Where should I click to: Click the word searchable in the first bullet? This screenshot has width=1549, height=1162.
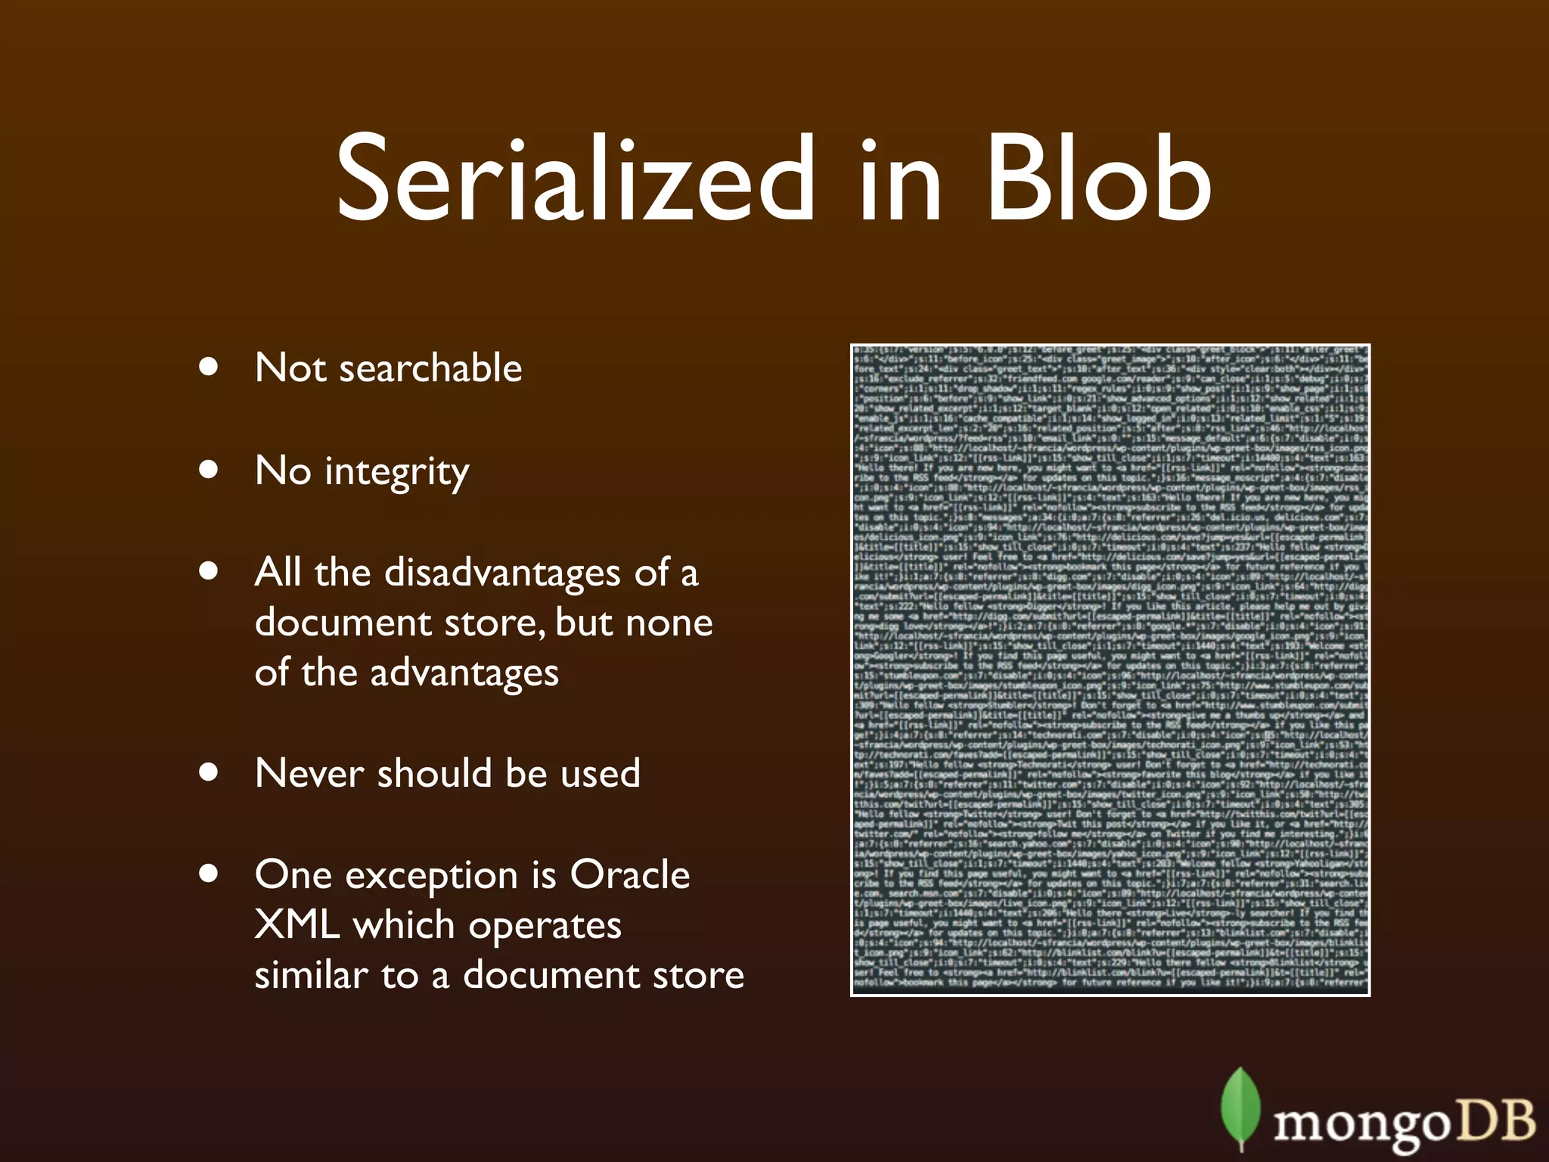430,368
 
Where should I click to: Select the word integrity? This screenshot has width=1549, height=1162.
397,472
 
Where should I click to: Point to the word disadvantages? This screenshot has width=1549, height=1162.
503,573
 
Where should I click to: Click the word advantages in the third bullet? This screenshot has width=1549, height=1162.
464,673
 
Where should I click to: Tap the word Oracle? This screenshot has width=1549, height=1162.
629,875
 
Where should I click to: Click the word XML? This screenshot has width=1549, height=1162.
296,925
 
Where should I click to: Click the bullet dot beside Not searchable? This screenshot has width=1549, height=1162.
209,368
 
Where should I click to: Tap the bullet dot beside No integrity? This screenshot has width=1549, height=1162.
209,469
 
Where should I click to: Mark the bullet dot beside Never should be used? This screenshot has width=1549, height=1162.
209,772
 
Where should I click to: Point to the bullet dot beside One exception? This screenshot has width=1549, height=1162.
209,874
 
